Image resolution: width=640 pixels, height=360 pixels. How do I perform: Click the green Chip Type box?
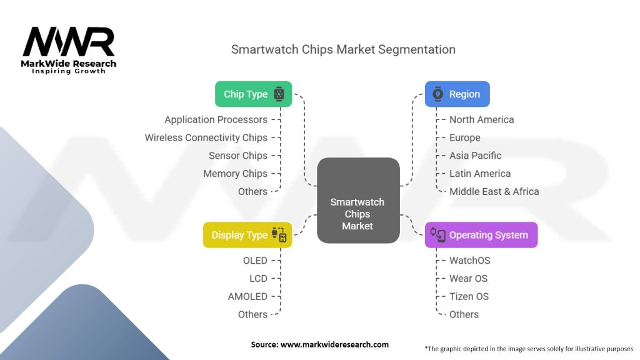tap(254, 94)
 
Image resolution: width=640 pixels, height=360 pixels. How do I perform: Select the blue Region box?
tap(457, 94)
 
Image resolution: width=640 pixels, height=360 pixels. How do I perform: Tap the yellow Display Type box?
tap(247, 235)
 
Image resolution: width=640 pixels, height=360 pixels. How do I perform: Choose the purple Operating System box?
tap(481, 235)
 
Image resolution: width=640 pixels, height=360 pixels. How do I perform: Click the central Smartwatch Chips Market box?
tap(358, 201)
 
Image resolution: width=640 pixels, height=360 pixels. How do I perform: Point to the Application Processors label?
tap(216, 119)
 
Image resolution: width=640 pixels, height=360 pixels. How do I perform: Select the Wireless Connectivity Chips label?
tap(206, 137)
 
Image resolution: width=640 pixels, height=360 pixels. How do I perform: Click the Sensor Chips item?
tap(238, 156)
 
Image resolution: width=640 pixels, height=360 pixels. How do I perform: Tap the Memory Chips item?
tap(235, 174)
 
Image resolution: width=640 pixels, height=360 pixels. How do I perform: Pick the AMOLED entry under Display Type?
tap(247, 296)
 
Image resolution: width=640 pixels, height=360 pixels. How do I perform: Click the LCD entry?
tap(258, 278)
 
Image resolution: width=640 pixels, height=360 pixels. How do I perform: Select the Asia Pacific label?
tap(476, 156)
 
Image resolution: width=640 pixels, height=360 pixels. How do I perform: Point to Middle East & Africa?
tap(494, 191)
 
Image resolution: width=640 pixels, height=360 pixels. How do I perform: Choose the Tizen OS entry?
tap(469, 296)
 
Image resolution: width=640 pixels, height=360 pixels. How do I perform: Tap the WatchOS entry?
tap(470, 261)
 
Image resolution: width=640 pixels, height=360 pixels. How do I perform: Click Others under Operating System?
tap(464, 314)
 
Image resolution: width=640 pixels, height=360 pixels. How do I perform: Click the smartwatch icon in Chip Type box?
tap(279, 94)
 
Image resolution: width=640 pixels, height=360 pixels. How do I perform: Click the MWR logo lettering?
tap(69, 42)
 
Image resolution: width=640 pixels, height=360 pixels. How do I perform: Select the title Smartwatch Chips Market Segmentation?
tap(343, 49)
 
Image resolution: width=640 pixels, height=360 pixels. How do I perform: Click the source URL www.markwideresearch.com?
tap(335, 344)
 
